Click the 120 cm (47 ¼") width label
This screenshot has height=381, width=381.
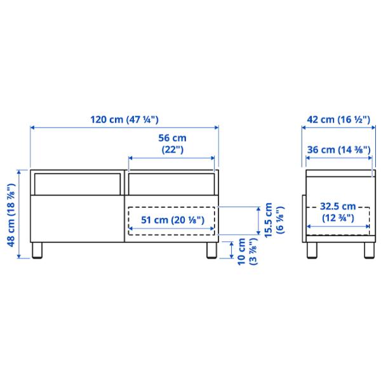tap(124, 119)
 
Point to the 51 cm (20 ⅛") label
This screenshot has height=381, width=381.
tap(171, 220)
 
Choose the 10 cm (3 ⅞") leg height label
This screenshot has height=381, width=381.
tap(246, 253)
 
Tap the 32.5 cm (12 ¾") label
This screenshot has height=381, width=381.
tap(337, 212)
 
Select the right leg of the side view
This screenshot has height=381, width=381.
tap(368, 250)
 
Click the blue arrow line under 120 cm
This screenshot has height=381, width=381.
tap(124, 128)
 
